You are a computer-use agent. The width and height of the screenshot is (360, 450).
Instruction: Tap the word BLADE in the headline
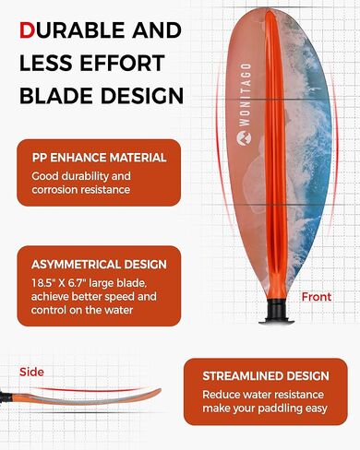tap(58, 97)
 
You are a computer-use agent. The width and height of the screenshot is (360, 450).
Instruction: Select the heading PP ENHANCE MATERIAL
tap(99, 158)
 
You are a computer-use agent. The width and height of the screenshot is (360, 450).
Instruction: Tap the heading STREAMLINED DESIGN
tap(266, 376)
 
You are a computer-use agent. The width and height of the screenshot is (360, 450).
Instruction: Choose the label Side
tap(31, 372)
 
